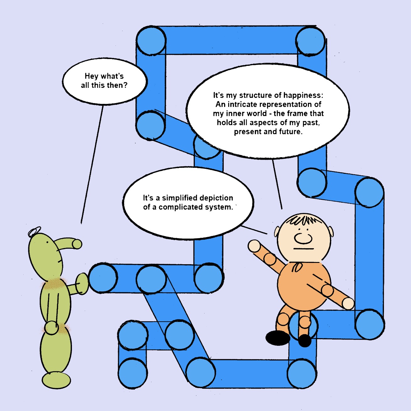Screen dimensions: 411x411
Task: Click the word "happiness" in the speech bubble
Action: tap(303, 95)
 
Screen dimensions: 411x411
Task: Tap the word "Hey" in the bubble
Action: tap(91, 76)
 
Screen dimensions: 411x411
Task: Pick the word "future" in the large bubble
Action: tap(289, 132)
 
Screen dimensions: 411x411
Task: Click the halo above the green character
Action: tap(34, 232)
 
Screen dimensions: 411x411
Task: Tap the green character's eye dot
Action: tap(47, 243)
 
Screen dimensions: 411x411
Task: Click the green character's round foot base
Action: tap(57, 380)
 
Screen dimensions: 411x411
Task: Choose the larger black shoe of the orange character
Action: tap(277, 338)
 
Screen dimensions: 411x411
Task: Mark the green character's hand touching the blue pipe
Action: tap(82, 283)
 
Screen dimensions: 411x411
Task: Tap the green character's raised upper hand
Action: tap(77, 244)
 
